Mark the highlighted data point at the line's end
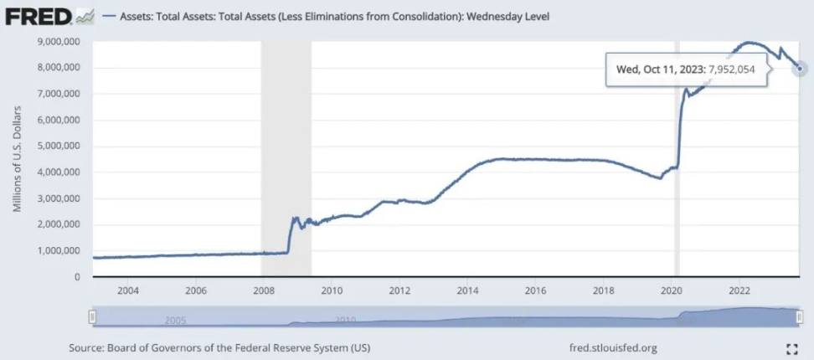[801, 69]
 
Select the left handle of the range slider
[93, 316]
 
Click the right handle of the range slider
[801, 316]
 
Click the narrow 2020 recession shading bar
[676, 159]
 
